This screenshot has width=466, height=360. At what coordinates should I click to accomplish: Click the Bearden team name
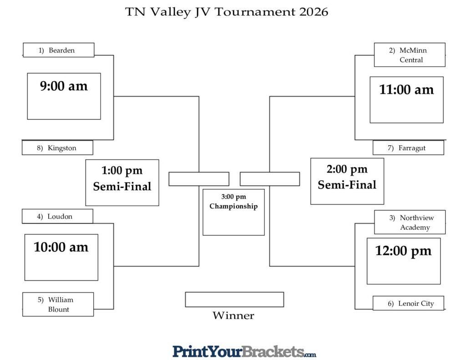pos(59,50)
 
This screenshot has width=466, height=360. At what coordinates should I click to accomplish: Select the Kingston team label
pos(57,148)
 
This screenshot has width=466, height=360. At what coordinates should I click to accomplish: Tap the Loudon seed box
pos(57,217)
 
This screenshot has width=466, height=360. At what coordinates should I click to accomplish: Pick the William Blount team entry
pos(58,304)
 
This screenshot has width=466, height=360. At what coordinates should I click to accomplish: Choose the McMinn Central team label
pos(410,55)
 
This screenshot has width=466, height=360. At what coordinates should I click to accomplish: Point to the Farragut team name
pos(408,148)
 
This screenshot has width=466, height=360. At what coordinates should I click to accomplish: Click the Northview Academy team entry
pos(410,223)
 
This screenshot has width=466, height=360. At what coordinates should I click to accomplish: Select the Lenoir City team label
pos(408,304)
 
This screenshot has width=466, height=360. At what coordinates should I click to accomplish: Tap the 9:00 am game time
pos(64,86)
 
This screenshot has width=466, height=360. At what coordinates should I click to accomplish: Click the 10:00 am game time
pos(61,247)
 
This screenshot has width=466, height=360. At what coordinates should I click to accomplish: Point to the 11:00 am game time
pos(406,90)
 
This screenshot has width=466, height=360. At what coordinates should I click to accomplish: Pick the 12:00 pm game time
pos(403,251)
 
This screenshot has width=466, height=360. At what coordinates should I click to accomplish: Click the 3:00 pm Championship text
pos(233,202)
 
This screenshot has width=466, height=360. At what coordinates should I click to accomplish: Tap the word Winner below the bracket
pos(233,316)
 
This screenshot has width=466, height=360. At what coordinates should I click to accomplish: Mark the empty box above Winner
pos(234,299)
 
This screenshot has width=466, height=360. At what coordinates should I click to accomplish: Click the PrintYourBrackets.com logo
pos(244,351)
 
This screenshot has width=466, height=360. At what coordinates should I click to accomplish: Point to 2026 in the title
pos(314,12)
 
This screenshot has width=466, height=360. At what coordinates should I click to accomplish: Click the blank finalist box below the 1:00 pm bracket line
pos(199,179)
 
